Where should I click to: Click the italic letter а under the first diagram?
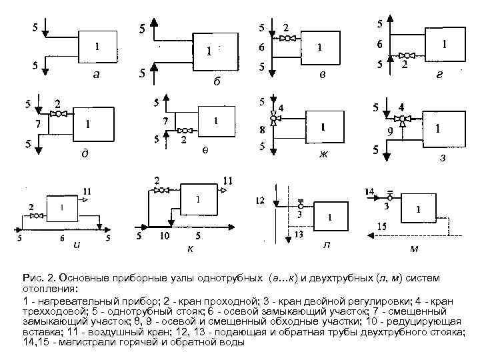97,75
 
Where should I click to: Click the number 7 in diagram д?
39,125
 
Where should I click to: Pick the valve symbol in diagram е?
187,131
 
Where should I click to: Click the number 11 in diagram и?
87,191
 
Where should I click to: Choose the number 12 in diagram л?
260,200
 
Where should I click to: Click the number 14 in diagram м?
369,192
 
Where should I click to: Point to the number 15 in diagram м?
381,226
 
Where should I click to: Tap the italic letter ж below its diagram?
324,155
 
